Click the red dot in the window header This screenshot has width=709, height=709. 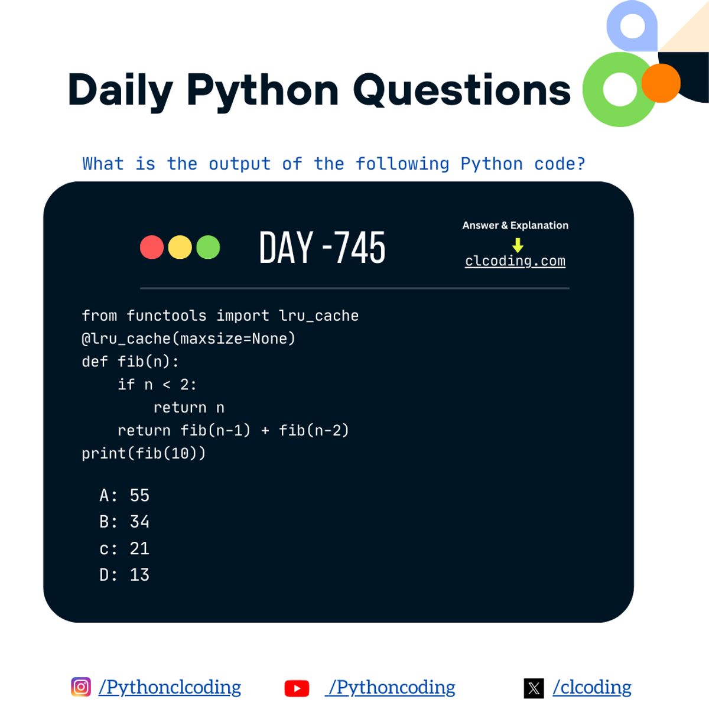tap(152, 247)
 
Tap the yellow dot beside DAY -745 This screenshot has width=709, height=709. tap(180, 247)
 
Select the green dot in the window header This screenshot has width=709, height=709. tap(208, 247)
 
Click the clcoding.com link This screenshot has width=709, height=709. tap(515, 261)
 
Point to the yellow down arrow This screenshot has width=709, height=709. tap(518, 245)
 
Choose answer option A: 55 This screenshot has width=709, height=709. tap(125, 495)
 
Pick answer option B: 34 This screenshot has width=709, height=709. tap(125, 522)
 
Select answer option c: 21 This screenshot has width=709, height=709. tap(125, 548)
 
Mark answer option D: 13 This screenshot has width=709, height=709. tap(125, 574)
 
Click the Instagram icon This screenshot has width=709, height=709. tap(81, 687)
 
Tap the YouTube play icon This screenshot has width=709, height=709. tap(297, 688)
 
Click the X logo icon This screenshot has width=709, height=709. tap(534, 688)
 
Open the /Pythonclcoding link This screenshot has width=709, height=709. tap(170, 687)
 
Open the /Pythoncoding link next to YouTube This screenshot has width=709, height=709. tap(391, 687)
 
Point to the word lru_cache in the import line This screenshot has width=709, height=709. tap(319, 316)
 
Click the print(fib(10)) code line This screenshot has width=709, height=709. tap(144, 453)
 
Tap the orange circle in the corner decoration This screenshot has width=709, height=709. tap(661, 83)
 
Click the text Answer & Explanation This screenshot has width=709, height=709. tap(515, 225)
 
